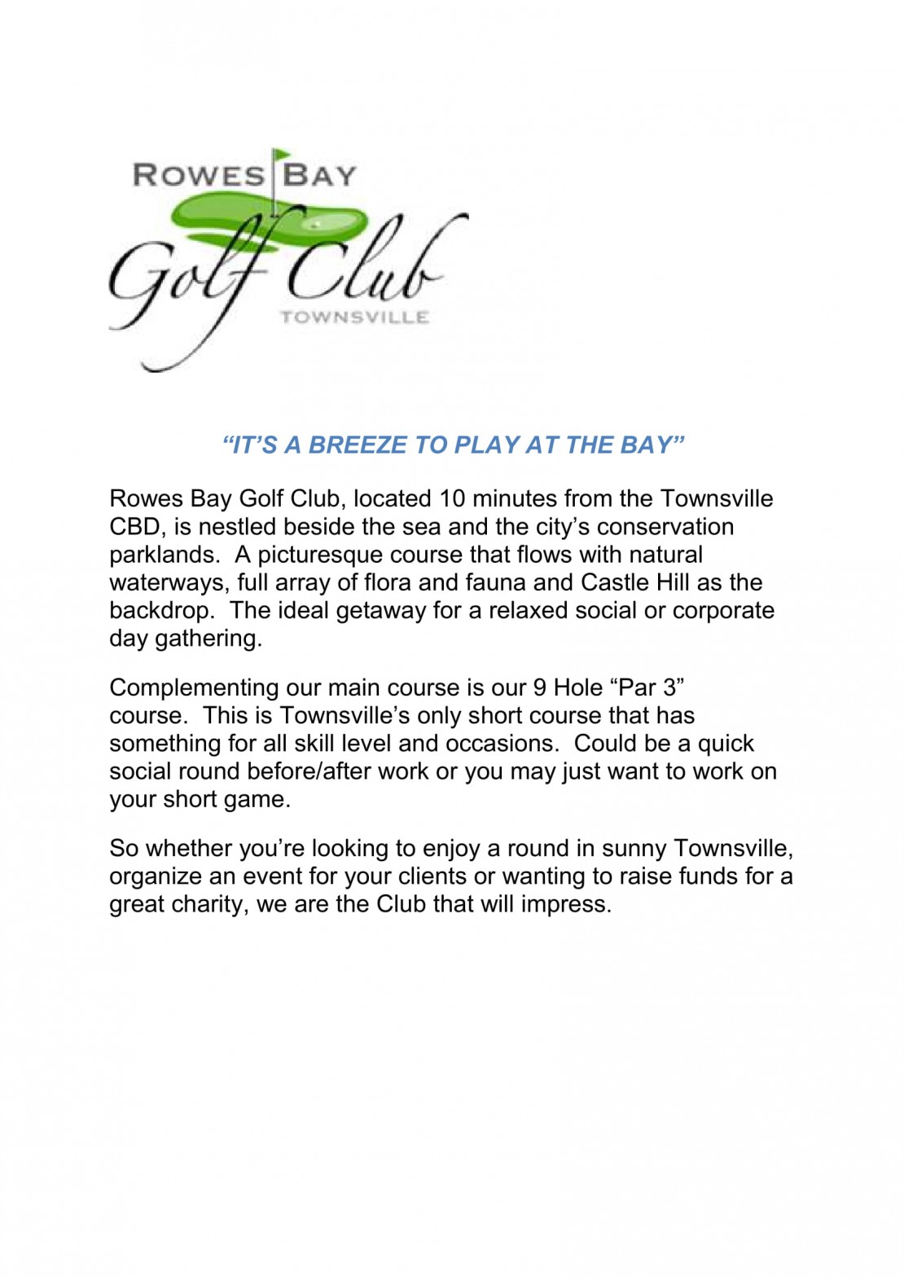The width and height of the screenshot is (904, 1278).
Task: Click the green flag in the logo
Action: coord(281,155)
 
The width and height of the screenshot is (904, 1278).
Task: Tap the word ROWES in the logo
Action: coord(198,175)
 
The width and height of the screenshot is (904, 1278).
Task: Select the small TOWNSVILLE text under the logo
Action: coord(354,317)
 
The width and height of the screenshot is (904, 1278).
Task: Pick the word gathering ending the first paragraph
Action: coord(208,639)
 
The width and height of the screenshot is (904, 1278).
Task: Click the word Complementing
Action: coord(194,687)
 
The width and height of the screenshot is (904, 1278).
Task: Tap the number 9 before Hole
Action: coord(539,687)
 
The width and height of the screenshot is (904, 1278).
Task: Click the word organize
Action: coord(155,876)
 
